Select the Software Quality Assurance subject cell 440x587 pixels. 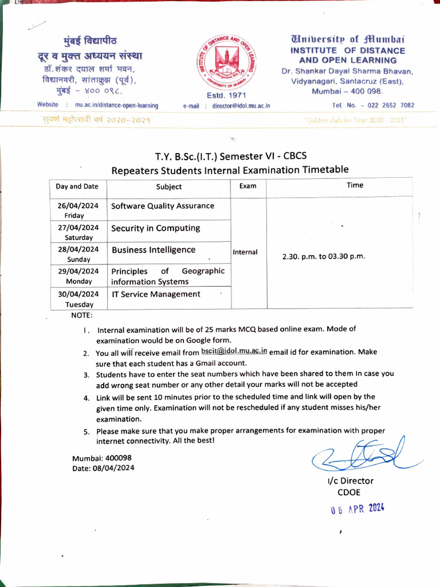163,206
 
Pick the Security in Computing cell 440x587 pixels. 155,228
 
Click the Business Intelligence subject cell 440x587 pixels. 153,250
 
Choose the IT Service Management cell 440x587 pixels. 156,294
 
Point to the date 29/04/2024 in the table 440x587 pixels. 78,271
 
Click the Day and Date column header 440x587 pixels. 77,186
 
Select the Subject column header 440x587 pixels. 168,186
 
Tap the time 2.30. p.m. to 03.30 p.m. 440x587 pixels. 323,256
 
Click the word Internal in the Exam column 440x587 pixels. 245,252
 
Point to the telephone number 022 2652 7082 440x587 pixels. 388,105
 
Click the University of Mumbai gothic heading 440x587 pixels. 348,40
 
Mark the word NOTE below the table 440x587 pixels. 81,315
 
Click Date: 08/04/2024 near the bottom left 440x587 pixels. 103,468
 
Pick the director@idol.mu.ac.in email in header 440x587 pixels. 241,106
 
